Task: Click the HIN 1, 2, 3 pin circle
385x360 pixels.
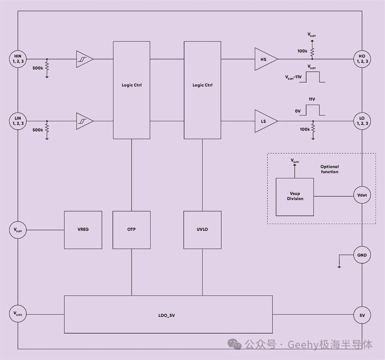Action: point(18,59)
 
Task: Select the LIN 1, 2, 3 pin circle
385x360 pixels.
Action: point(18,121)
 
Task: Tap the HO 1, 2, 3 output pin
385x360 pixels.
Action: point(362,59)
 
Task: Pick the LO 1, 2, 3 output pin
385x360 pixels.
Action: point(362,121)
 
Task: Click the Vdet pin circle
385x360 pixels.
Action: point(362,195)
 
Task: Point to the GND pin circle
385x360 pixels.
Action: point(362,255)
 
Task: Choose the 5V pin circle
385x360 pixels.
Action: point(362,315)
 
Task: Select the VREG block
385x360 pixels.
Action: point(83,230)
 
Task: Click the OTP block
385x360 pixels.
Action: point(131,230)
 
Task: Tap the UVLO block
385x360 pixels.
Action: point(202,230)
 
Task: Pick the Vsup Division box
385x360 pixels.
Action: point(295,197)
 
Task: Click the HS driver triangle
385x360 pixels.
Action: point(265,59)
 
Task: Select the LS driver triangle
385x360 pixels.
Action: point(265,121)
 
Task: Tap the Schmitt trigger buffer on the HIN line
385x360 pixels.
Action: point(84,59)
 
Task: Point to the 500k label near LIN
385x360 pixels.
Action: point(38,130)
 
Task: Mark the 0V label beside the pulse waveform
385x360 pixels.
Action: point(297,111)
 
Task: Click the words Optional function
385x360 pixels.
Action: point(329,169)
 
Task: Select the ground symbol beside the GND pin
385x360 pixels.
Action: point(339,266)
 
